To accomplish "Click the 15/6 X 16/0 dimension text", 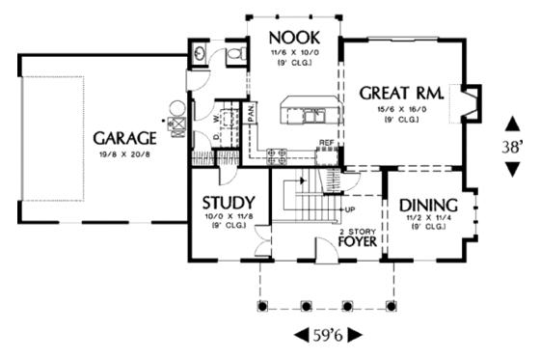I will [400, 111].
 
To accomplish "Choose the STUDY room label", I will [228, 203].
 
